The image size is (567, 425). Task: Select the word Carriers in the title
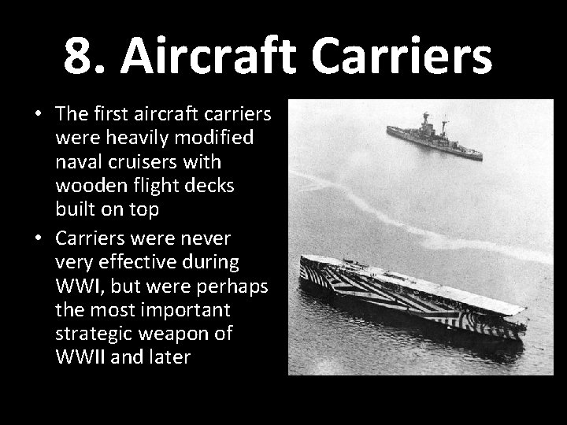413,56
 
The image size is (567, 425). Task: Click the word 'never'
209,238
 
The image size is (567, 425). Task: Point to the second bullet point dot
38,238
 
